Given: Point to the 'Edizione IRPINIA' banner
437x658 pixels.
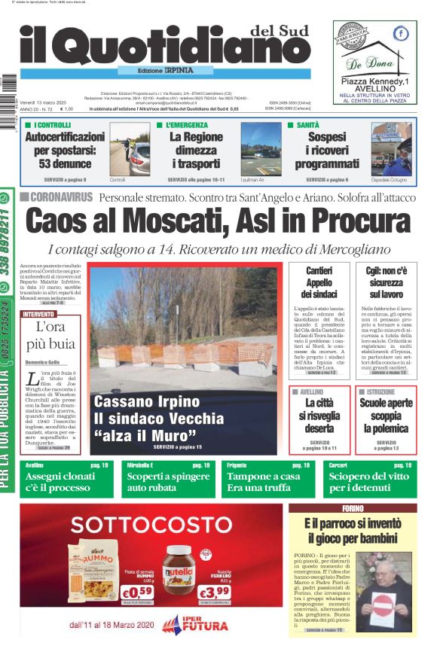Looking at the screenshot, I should [160, 69].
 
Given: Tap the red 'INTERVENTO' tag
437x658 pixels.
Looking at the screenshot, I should [38, 313].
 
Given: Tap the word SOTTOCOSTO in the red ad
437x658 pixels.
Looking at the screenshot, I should [150, 524].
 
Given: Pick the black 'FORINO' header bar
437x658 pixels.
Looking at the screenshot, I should [353, 508].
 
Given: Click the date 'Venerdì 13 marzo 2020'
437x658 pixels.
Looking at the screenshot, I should [44, 102].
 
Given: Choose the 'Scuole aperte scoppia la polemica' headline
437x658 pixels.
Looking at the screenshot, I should [386, 416].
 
